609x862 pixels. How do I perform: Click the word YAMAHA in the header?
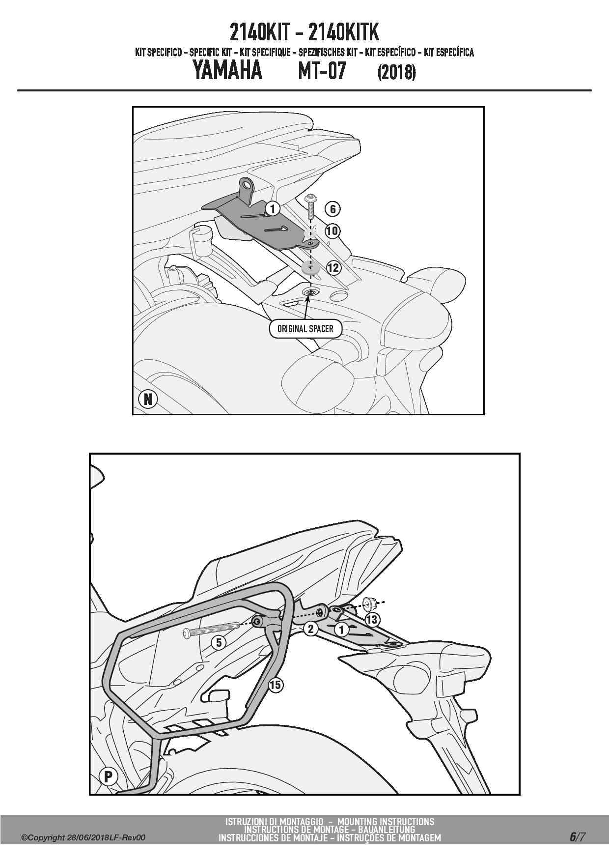pos(227,70)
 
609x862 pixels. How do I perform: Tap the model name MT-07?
pos(322,70)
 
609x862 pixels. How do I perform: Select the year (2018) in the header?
pos(397,72)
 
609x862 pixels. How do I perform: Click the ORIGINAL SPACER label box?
pos(305,329)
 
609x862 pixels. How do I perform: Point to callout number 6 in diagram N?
pos(332,209)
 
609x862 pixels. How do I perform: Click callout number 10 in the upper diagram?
pos(332,230)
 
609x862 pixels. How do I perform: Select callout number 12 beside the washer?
pos(333,268)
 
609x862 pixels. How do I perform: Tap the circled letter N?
pos(148,399)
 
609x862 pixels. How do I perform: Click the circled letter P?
pos(109,776)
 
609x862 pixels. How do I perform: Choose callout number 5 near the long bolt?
pos(219,642)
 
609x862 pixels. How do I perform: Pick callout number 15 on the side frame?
pos(276,685)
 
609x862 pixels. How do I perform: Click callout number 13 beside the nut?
pos(372,620)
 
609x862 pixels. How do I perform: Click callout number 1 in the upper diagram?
pos(273,209)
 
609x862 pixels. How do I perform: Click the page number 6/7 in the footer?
pos(578,837)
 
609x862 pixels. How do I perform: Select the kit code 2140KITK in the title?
pos(344,32)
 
